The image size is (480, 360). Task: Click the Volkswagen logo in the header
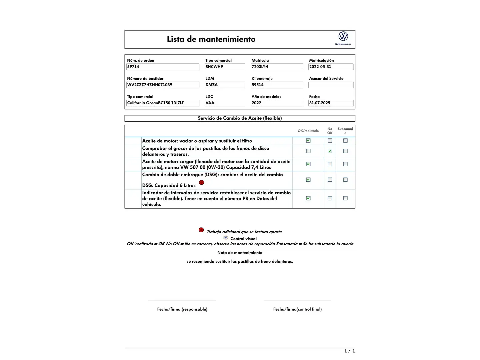tap(343, 36)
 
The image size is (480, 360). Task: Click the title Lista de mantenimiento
tap(211, 39)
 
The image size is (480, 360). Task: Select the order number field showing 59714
tap(163, 67)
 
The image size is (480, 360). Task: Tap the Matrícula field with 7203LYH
tap(277, 67)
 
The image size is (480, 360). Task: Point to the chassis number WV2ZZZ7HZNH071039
tap(163, 85)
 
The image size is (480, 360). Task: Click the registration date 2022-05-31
tap(331, 67)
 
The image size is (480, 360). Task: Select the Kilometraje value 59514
tap(277, 85)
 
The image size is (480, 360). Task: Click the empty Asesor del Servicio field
tap(331, 85)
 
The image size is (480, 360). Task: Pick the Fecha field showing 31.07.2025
tap(331, 103)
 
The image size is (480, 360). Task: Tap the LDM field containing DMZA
tap(225, 85)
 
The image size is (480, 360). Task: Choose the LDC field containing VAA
tap(225, 103)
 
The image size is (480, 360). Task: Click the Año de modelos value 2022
tap(277, 103)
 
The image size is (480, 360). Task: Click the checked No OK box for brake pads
tap(330, 151)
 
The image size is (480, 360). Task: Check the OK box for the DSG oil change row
tap(308, 180)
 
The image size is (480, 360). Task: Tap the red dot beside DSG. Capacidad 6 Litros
tap(202, 182)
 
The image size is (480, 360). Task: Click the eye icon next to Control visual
tap(226, 238)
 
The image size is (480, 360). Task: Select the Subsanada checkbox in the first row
tap(345, 141)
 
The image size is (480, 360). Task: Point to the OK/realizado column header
tap(308, 131)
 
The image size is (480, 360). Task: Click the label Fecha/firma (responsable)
tap(182, 309)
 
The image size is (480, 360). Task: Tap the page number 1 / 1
tap(349, 351)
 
